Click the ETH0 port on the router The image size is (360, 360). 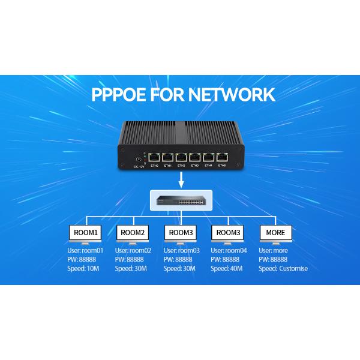point(154,158)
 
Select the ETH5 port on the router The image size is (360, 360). point(221,158)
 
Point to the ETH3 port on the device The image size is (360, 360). point(194,158)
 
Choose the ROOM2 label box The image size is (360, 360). point(133,232)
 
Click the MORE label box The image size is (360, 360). point(275,232)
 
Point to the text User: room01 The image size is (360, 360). point(85,250)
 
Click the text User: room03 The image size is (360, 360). point(181,250)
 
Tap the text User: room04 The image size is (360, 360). point(229,250)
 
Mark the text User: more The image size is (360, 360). point(274,250)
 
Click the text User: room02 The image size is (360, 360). point(133,250)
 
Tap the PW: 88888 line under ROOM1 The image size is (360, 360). point(82,259)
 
